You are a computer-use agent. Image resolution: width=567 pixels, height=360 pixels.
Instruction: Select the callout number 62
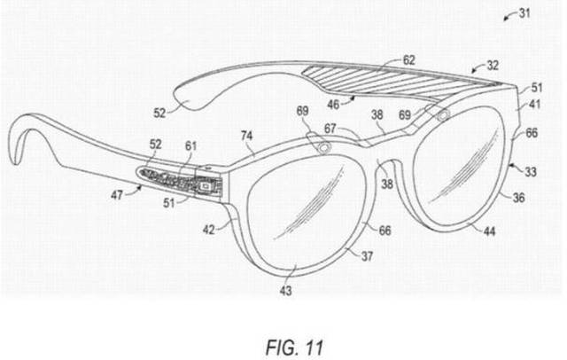408,60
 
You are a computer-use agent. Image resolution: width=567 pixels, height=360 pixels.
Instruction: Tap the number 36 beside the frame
519,198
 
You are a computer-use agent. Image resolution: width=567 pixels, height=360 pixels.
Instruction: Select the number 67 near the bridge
330,129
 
